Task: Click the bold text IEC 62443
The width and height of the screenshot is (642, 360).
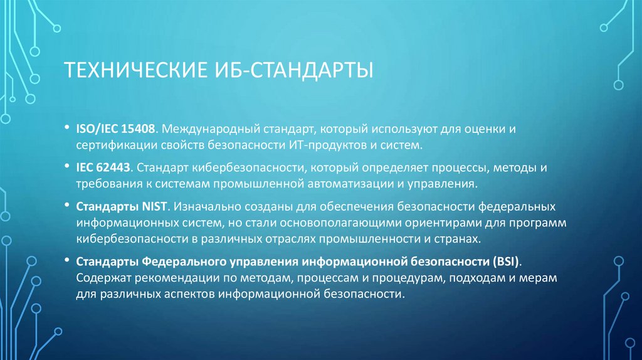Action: [x=103, y=168]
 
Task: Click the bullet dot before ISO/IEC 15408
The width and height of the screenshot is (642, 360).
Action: [x=66, y=129]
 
